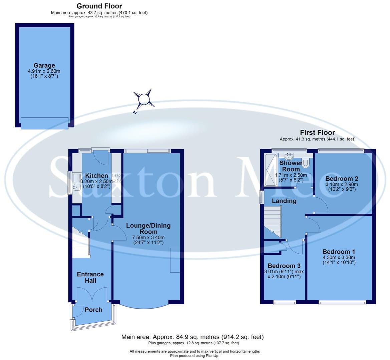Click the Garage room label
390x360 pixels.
click(x=44, y=65)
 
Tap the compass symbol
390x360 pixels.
click(x=143, y=99)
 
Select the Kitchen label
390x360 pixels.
click(x=96, y=176)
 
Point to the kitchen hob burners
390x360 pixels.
click(x=116, y=178)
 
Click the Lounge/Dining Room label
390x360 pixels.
click(x=148, y=229)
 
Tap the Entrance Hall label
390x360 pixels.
click(x=90, y=278)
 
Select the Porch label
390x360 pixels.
click(x=93, y=310)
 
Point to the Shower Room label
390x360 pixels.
click(x=291, y=166)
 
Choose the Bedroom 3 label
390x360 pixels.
click(x=284, y=266)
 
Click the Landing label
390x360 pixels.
click(x=284, y=201)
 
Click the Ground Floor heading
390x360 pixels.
click(x=99, y=6)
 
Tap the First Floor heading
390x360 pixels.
click(x=317, y=133)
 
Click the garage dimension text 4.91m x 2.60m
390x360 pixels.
click(x=44, y=71)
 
